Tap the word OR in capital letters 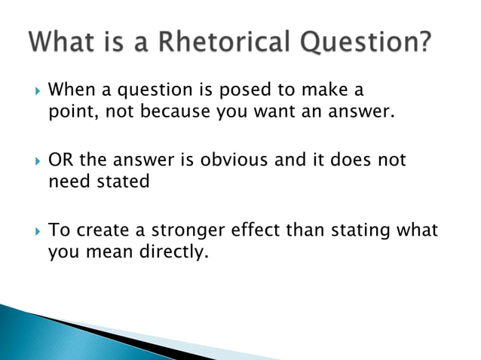coord(60,160)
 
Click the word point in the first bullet coord(69,114)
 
